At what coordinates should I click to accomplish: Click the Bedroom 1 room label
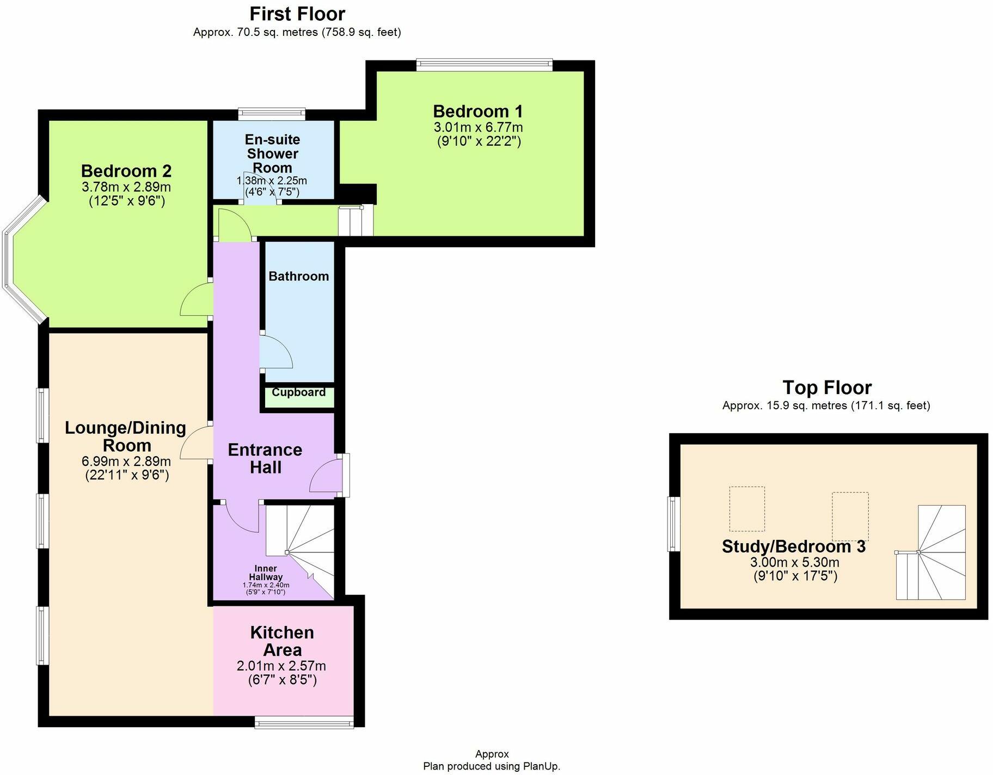click(477, 112)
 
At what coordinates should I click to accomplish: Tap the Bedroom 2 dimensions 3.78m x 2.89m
click(126, 187)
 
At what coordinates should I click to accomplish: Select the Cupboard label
click(298, 392)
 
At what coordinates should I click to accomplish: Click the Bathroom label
click(298, 276)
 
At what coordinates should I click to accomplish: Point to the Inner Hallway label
click(266, 573)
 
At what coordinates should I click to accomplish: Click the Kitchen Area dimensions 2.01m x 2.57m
click(281, 666)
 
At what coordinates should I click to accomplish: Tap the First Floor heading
click(297, 14)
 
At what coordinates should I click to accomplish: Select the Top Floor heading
click(826, 387)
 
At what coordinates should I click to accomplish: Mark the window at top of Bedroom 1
click(485, 65)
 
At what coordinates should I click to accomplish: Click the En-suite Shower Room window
click(271, 113)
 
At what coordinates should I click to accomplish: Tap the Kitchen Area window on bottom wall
click(304, 723)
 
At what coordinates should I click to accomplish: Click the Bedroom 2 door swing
click(195, 299)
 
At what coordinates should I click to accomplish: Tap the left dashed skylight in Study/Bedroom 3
click(746, 509)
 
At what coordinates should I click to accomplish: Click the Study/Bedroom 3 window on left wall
click(674, 524)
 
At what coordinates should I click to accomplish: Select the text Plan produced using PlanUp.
click(491, 766)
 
